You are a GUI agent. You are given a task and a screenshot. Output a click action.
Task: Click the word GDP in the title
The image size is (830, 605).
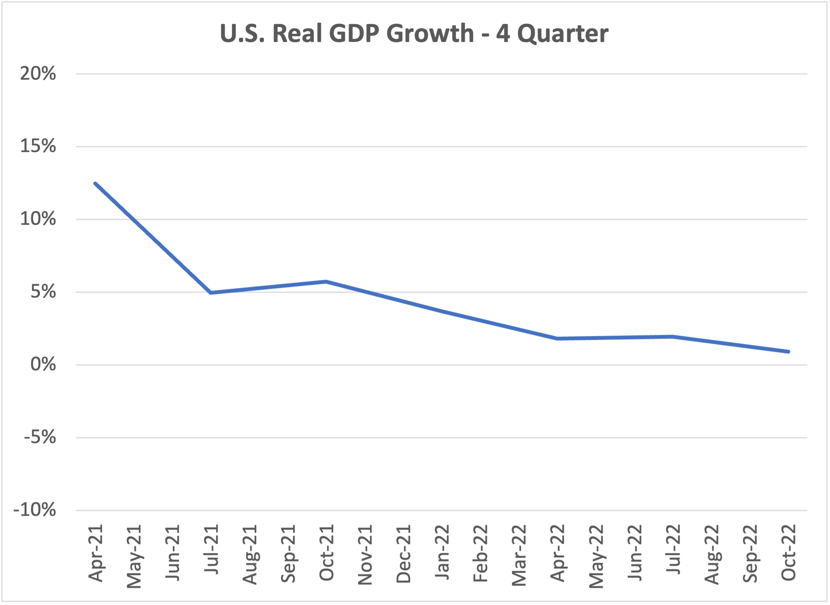pyautogui.click(x=354, y=33)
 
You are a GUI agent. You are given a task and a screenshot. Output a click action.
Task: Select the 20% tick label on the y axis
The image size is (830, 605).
pyautogui.click(x=38, y=74)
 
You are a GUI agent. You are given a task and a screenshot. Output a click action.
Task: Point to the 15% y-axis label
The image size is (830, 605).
pyautogui.click(x=38, y=146)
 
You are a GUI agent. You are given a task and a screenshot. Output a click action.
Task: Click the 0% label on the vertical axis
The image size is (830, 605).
pyautogui.click(x=43, y=364)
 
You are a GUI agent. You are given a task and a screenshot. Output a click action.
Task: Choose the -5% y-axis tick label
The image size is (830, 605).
pyautogui.click(x=40, y=438)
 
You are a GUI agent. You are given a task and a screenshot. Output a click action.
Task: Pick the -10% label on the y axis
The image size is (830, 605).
pyautogui.click(x=35, y=510)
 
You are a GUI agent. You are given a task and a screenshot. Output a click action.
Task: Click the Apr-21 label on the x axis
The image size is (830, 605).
pyautogui.click(x=96, y=553)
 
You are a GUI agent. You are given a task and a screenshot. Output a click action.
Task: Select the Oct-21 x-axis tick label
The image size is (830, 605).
pyautogui.click(x=327, y=553)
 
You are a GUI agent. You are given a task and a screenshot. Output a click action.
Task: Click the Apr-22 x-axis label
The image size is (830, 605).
pyautogui.click(x=557, y=553)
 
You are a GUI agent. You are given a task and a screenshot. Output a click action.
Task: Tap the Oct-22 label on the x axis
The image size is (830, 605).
pyautogui.click(x=788, y=553)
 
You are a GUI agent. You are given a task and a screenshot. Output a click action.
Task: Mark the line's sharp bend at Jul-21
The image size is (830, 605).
pyautogui.click(x=211, y=293)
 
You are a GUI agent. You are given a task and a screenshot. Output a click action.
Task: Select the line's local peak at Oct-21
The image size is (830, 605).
pyautogui.click(x=326, y=282)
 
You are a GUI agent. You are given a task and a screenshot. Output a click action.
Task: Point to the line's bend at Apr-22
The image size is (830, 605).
pyautogui.click(x=557, y=339)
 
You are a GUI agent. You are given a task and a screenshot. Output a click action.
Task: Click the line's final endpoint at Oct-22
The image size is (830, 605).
pyautogui.click(x=788, y=351)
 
